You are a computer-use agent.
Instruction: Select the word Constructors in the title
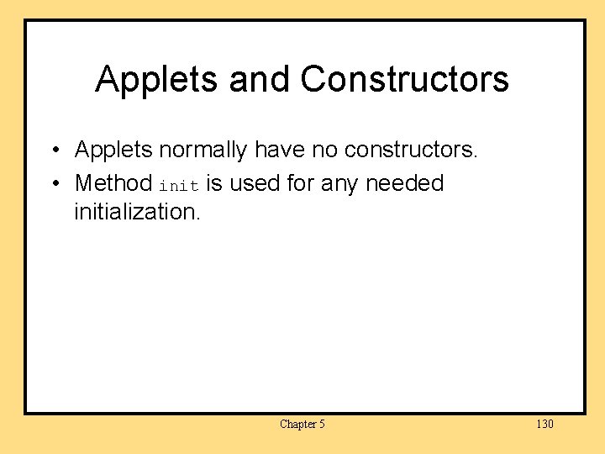(x=404, y=80)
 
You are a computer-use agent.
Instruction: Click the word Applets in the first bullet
(x=114, y=150)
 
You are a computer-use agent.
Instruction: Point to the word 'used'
(x=255, y=183)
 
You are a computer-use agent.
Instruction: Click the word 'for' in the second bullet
(x=300, y=183)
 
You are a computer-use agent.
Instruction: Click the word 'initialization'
(x=137, y=212)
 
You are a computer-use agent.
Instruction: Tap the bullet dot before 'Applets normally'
(x=53, y=151)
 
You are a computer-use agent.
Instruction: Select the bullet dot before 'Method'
(x=53, y=184)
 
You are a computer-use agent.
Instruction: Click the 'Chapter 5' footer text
(x=302, y=425)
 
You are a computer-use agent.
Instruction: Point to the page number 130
(x=544, y=425)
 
